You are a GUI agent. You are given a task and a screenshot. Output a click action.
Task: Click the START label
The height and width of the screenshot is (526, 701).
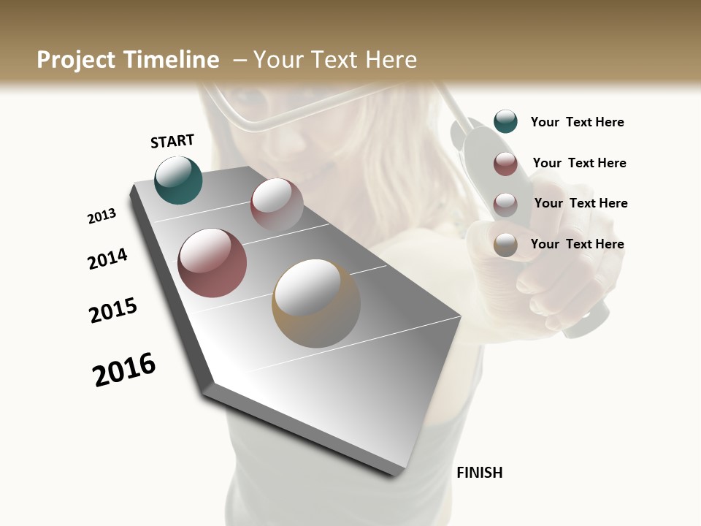pyautogui.click(x=172, y=141)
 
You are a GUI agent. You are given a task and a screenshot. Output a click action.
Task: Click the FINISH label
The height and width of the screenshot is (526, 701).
pyautogui.click(x=479, y=473)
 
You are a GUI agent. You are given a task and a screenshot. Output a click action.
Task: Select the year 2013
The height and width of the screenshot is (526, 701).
pyautogui.click(x=101, y=216)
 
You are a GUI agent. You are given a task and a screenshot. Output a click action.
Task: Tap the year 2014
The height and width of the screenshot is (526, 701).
pyautogui.click(x=107, y=259)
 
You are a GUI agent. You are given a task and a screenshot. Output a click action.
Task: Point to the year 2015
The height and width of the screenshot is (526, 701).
pyautogui.click(x=113, y=310)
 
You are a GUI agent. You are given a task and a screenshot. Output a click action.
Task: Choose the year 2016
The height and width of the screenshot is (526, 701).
pyautogui.click(x=124, y=370)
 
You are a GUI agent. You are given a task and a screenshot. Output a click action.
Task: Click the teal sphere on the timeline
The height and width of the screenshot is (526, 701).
pyautogui.click(x=178, y=180)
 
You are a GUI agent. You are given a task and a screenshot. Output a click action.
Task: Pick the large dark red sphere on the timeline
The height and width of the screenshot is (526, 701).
pyautogui.click(x=212, y=263)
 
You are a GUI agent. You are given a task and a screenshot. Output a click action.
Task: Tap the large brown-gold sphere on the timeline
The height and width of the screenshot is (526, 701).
pyautogui.click(x=316, y=303)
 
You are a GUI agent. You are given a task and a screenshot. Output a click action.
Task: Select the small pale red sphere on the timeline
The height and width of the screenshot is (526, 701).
pyautogui.click(x=277, y=204)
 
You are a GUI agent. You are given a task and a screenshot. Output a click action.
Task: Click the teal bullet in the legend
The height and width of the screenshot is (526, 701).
pyautogui.click(x=505, y=121)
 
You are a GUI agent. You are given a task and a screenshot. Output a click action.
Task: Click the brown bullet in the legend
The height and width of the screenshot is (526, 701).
pyautogui.click(x=505, y=245)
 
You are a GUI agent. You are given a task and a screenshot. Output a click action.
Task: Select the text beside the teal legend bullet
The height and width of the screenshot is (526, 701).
pyautogui.click(x=577, y=122)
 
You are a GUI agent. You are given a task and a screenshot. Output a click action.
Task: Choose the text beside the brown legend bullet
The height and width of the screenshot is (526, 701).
pyautogui.click(x=577, y=244)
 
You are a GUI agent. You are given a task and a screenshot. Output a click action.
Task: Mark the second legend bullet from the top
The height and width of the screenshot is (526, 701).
pyautogui.click(x=505, y=164)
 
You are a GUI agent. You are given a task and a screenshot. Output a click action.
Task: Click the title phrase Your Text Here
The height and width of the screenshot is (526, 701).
pyautogui.click(x=334, y=60)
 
